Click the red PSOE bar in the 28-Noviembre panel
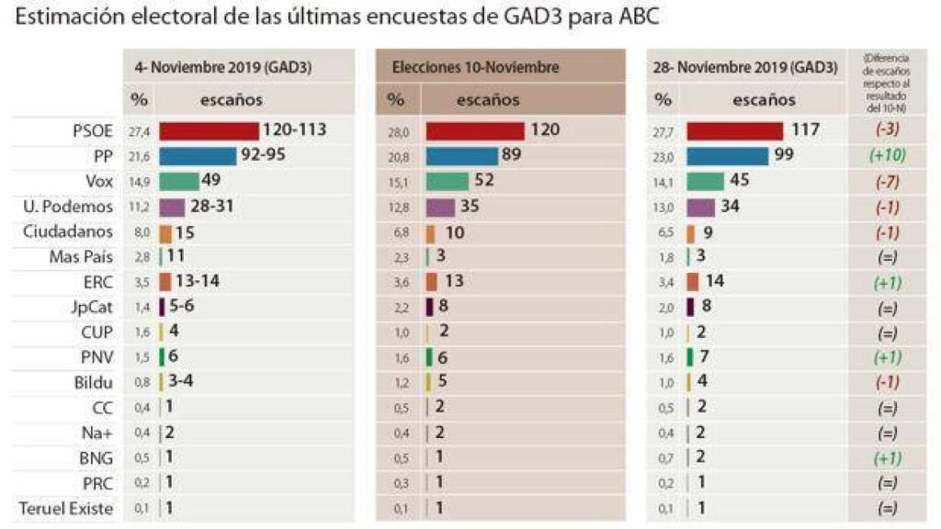pos(734,131)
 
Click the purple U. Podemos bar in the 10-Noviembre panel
pos(440,207)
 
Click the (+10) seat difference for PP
pos(888,156)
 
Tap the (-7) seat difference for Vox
pos(888,182)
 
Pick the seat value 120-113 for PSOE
pos(294,130)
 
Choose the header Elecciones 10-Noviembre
pos(475,68)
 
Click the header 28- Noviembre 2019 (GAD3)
pos(745,68)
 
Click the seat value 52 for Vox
pos(484,181)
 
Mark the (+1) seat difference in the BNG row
pos(888,457)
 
